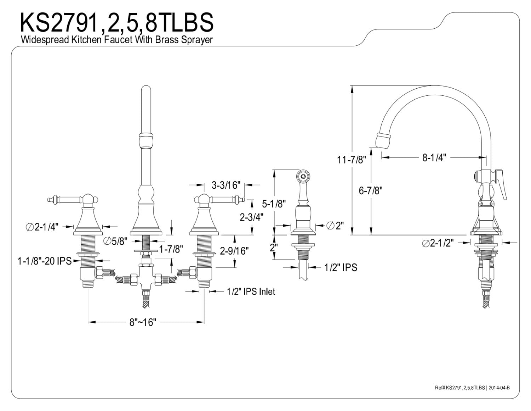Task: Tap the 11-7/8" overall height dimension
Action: pos(351,160)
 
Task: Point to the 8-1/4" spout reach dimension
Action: pos(434,158)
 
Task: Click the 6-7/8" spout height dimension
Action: pos(371,190)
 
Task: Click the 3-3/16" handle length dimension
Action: pos(226,185)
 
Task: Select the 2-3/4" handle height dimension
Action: pos(252,217)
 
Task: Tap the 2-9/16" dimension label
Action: pos(234,251)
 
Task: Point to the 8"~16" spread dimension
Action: pos(143,322)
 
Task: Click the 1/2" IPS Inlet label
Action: pos(251,291)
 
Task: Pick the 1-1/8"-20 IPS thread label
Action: pos(44,261)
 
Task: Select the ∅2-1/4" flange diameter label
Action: pos(42,227)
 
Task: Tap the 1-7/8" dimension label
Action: pos(171,249)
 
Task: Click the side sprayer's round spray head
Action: pos(303,176)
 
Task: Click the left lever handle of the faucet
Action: pos(67,199)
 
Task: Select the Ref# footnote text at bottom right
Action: pos(472,388)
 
